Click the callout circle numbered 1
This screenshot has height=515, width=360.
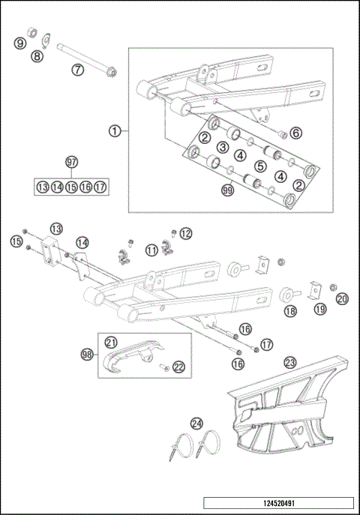[x=115, y=130]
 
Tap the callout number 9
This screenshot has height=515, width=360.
[x=20, y=44]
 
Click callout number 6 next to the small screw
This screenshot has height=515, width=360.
[x=295, y=133]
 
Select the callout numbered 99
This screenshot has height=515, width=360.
[x=228, y=192]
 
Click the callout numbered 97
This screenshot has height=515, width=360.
[x=72, y=163]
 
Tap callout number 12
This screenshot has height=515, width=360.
[x=185, y=233]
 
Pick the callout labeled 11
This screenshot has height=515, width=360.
[x=152, y=250]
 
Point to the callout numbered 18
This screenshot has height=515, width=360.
[x=289, y=310]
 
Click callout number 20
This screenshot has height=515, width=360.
[x=342, y=298]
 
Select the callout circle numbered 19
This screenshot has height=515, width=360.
[x=320, y=308]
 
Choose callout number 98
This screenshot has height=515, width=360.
[x=87, y=352]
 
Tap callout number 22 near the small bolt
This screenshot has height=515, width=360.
[x=178, y=366]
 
